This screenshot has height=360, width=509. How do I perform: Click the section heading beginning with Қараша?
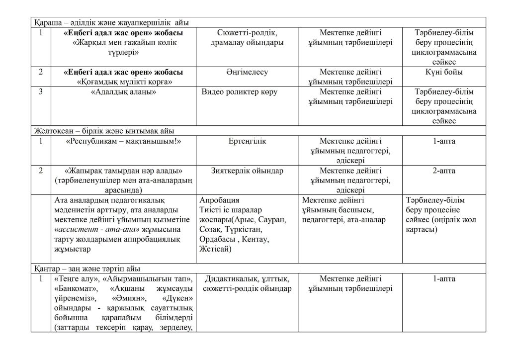point(111,23)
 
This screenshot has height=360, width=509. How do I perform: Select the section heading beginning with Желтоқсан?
point(104,131)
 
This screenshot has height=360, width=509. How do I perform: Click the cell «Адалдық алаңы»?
point(124,92)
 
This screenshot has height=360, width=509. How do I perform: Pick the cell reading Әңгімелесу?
point(247,72)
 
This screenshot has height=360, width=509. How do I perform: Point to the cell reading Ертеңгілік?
point(247,141)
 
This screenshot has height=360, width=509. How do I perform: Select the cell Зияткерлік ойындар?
point(247,171)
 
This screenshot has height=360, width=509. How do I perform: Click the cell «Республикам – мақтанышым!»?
point(124,141)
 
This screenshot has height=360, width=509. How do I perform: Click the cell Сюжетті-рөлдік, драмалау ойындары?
point(247,37)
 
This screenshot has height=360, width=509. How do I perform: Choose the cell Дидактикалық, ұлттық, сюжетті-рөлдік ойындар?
point(247,283)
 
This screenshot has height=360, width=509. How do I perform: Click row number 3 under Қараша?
point(41,92)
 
